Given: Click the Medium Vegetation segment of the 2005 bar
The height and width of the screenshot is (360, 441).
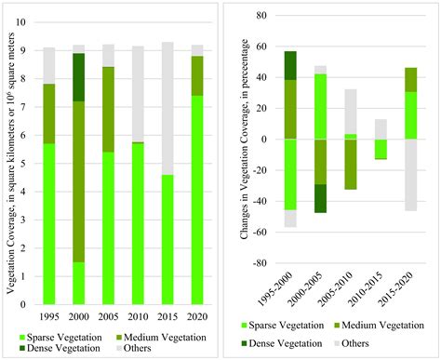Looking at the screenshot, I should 107,101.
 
